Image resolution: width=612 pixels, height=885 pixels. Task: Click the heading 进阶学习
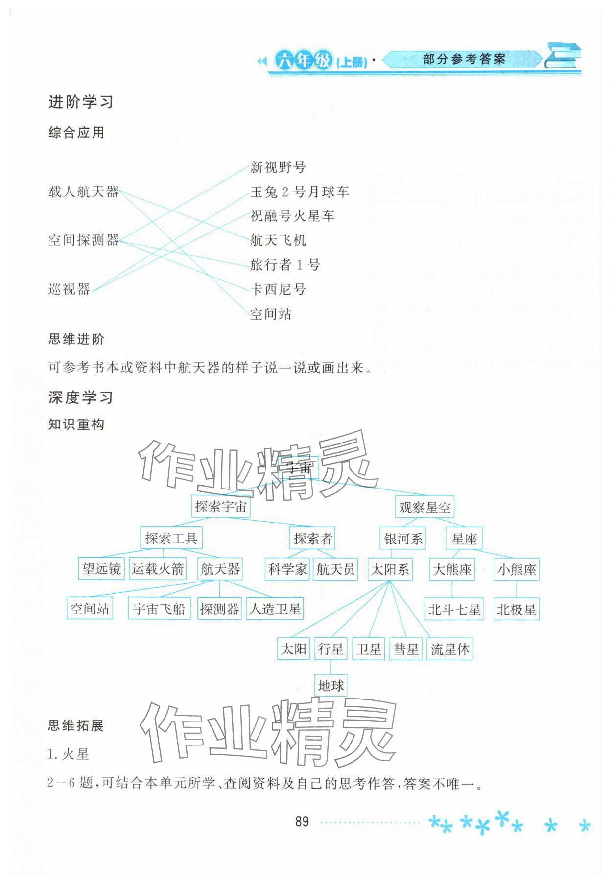click(81, 102)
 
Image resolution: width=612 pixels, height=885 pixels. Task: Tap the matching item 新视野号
click(278, 167)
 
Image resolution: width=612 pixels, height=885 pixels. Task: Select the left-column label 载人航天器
click(83, 192)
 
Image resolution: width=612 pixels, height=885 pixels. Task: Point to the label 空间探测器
click(83, 240)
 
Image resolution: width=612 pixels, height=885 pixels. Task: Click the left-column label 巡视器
click(69, 289)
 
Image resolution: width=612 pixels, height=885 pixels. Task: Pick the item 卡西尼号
click(278, 289)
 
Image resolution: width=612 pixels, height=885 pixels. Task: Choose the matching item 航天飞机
click(278, 240)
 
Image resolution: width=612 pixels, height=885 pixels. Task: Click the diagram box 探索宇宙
click(220, 507)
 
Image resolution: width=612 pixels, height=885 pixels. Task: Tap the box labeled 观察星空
click(424, 508)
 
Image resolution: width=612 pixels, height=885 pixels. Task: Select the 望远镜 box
click(101, 569)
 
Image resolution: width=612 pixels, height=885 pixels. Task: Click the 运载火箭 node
click(158, 569)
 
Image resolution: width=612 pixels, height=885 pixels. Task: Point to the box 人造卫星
click(275, 609)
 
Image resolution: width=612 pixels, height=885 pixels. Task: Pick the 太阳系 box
click(390, 569)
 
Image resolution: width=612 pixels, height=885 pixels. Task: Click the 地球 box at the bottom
click(330, 686)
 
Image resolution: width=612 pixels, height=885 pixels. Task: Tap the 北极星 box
click(516, 610)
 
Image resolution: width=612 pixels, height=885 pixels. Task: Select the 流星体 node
click(450, 650)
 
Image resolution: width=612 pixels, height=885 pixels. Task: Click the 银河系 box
click(403, 539)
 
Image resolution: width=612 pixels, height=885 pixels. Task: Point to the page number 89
click(302, 821)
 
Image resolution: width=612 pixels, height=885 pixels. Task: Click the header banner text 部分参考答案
click(463, 60)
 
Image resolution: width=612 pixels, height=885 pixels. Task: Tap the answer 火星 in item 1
click(75, 754)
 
